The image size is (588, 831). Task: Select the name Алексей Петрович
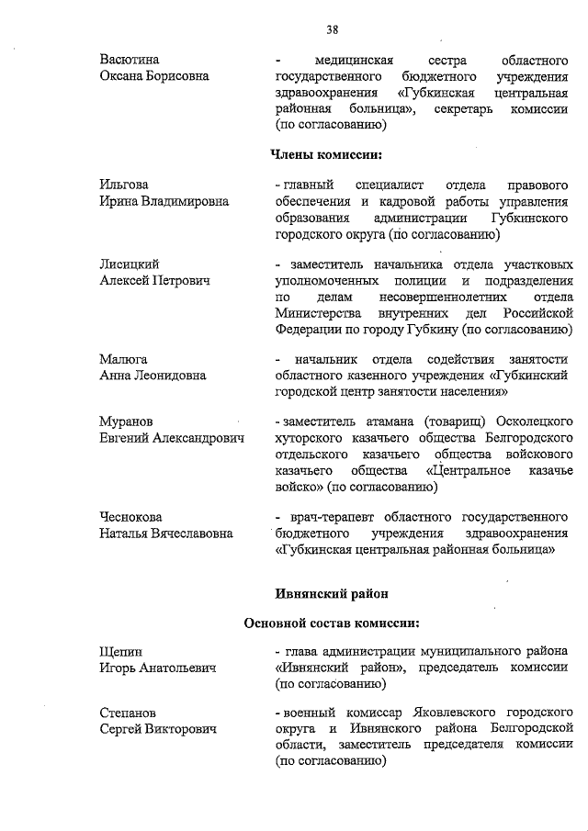coord(154,280)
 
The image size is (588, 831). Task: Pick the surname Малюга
coord(123,359)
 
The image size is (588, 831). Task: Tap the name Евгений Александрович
coord(172,438)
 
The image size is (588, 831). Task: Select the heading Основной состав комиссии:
coord(332,624)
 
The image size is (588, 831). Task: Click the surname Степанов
coord(128,712)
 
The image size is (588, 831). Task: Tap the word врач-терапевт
coord(330,517)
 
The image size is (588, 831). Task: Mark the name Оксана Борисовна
coord(153,76)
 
